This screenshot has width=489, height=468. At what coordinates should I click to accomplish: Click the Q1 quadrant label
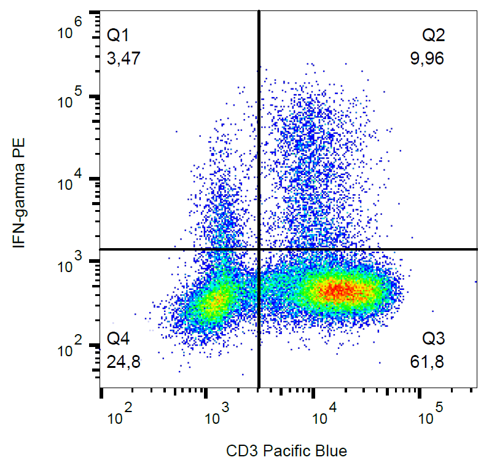tap(120, 34)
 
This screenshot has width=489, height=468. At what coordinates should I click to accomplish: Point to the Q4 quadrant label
tap(120, 338)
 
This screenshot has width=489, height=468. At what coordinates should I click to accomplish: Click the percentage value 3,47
tap(123, 59)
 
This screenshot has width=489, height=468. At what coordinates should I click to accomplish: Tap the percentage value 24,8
tap(123, 362)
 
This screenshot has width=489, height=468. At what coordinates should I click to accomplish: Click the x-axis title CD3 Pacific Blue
tap(287, 451)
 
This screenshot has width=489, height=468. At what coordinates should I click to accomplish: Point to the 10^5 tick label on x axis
tap(429, 416)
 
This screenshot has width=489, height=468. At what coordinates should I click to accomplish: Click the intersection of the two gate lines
tap(259, 249)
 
